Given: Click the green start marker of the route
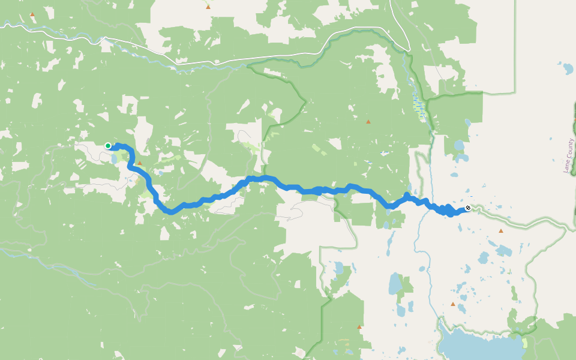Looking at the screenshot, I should [108, 145].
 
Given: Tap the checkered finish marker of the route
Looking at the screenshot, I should [468, 208].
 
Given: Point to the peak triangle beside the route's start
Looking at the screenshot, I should [140, 163].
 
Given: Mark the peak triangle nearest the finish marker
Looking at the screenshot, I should [501, 230].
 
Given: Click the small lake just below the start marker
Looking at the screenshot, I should [113, 159].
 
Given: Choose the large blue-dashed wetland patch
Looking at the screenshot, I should [420, 108].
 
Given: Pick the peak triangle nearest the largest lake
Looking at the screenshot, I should [453, 304].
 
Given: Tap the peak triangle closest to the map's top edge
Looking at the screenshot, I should [208, 7].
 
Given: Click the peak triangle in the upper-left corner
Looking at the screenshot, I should [32, 14].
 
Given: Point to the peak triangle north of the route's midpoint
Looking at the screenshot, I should [368, 122].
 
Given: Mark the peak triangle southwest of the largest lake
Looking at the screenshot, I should [359, 327].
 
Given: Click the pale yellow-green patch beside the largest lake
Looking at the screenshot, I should [525, 342].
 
